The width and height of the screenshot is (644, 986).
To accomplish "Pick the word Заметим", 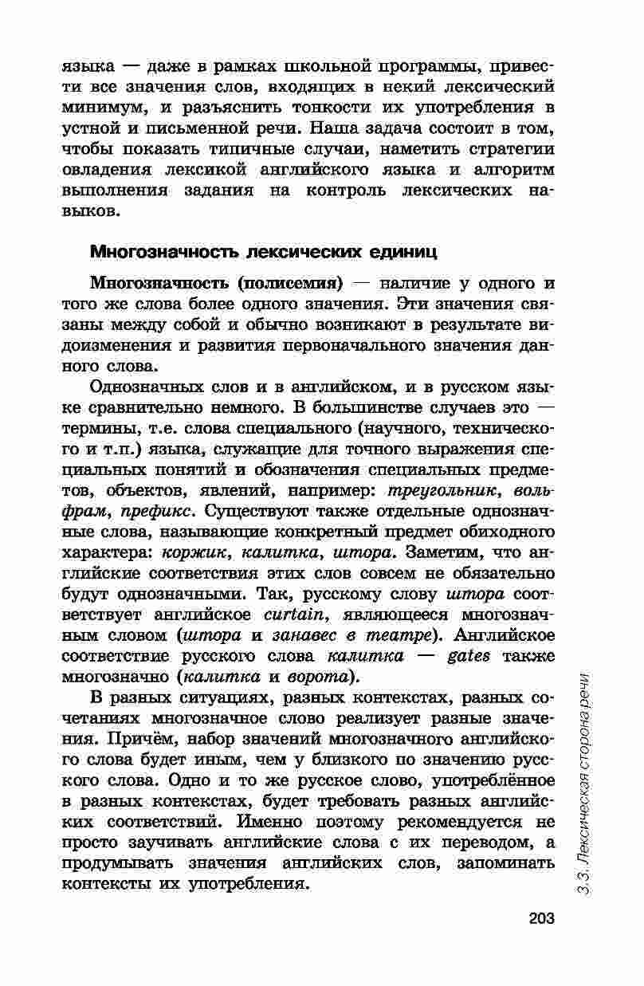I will [x=441, y=552].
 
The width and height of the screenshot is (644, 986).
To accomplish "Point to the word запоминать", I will [x=504, y=863].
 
